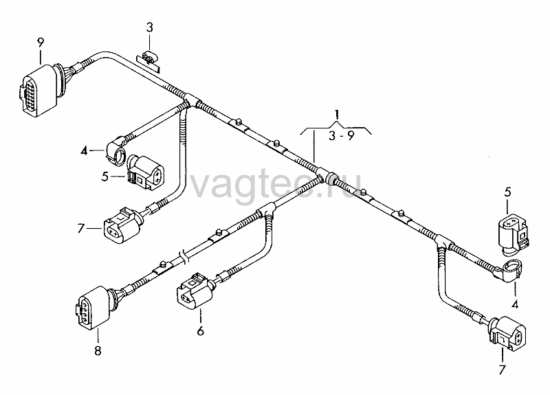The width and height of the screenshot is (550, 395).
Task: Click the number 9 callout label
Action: tap(41, 43)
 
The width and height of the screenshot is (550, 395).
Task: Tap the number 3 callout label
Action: tap(150, 27)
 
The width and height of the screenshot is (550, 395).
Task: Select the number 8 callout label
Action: tap(98, 350)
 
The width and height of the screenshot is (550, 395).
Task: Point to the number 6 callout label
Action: tap(200, 331)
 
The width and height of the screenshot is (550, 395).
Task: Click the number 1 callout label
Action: tap(337, 115)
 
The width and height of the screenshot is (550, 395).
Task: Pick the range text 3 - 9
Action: tap(341, 135)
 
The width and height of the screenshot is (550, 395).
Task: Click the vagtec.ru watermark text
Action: tap(276, 185)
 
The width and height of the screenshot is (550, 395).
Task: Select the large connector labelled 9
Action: tap(38, 91)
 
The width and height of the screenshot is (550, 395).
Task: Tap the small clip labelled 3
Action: tap(148, 60)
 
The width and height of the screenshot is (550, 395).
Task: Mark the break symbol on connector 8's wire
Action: tap(184, 256)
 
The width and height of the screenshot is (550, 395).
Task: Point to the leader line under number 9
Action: tap(41, 57)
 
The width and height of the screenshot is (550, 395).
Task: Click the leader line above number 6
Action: tap(201, 316)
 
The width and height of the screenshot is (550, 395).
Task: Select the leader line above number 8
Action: tap(98, 335)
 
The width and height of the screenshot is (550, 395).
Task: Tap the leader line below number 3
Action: tap(150, 43)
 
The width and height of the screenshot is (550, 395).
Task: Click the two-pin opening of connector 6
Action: tap(186, 299)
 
